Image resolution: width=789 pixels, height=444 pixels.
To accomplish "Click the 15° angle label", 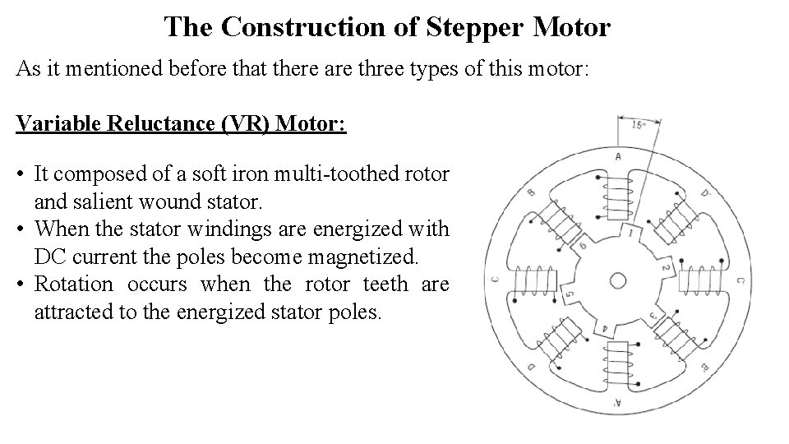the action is (639, 126).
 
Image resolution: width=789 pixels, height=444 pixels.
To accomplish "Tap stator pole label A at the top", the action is (617, 156).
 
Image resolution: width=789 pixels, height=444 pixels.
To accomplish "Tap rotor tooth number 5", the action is (570, 293).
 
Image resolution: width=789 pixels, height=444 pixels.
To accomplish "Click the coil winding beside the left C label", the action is (534, 280).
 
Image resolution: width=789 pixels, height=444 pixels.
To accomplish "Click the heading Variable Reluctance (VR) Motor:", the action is (181, 124).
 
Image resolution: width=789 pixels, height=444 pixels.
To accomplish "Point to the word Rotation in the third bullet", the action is (73, 284).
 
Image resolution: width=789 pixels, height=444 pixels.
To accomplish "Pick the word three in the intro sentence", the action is (389, 68).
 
